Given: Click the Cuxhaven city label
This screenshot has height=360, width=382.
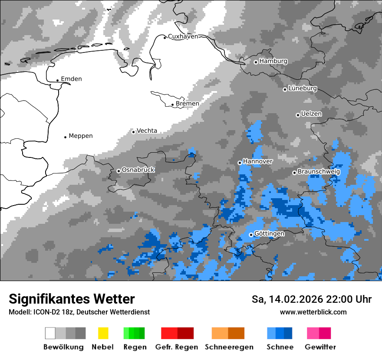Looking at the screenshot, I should (183, 36).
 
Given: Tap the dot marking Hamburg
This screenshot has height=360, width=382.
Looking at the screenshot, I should (256, 62).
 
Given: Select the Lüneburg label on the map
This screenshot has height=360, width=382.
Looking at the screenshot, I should (303, 88).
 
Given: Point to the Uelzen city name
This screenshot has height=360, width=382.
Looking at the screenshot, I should (311, 114).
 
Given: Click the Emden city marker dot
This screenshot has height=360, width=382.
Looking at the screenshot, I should (58, 80).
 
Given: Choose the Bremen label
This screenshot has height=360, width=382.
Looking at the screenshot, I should (188, 104).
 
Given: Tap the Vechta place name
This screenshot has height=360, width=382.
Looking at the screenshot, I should (147, 131).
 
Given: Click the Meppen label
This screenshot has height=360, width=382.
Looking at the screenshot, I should (81, 136).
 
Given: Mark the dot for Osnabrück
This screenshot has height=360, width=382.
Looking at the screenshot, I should (119, 171).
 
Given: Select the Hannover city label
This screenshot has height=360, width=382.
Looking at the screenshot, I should (257, 161).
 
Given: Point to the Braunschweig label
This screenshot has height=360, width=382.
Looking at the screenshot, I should (319, 172).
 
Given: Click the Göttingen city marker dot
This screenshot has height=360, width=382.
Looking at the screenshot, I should (251, 235).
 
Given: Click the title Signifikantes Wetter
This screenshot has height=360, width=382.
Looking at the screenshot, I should (72, 299).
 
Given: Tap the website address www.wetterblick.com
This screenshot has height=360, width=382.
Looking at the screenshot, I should (313, 312).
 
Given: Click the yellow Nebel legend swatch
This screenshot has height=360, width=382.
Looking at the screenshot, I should (103, 333).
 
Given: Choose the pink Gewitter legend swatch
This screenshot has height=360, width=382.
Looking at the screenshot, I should (313, 333).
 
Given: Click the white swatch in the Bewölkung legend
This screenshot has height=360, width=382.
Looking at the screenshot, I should (50, 333).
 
